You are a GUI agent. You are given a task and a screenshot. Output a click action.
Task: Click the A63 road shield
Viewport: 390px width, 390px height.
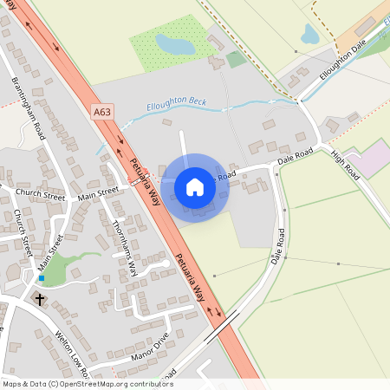[x=102, y=111]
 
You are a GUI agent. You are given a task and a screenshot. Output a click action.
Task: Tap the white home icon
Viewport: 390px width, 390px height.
[x=195, y=187]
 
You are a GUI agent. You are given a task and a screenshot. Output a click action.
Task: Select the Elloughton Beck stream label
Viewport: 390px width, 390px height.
[x=179, y=101]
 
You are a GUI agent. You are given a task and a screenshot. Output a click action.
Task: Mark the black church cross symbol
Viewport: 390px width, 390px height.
[x=39, y=299]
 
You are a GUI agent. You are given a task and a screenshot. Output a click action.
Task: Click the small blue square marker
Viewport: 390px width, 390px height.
[x=41, y=278]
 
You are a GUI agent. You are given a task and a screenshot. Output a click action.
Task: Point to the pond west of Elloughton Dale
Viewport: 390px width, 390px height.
[x=309, y=34]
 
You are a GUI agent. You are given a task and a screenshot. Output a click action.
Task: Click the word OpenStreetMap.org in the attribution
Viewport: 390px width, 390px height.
[x=103, y=383]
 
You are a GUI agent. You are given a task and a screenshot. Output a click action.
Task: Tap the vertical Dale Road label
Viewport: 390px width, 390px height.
[x=277, y=247]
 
